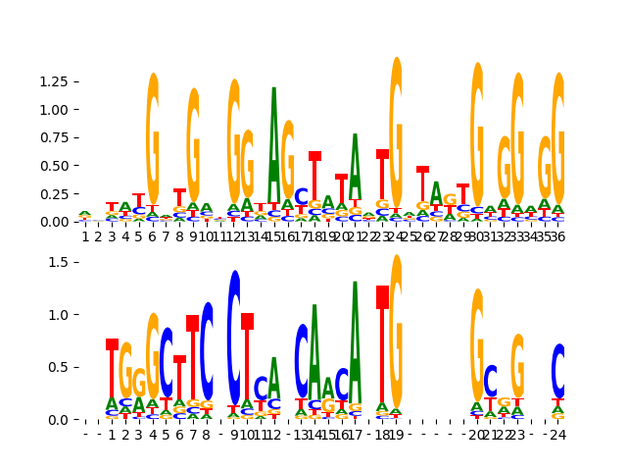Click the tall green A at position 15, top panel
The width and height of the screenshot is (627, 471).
(x=274, y=147)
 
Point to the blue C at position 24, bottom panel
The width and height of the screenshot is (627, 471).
(x=558, y=371)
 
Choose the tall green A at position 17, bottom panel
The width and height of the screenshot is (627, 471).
(x=356, y=339)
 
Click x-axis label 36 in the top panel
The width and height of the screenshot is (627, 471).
(x=557, y=236)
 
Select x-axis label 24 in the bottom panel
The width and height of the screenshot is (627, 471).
(x=557, y=434)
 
